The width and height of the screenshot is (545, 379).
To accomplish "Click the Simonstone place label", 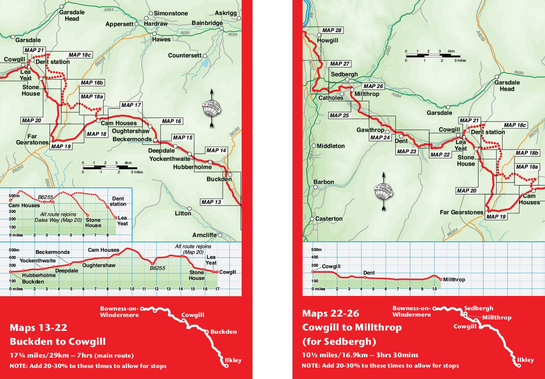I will pos(171,13).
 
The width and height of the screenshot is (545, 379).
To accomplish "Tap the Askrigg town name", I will pos(226,13).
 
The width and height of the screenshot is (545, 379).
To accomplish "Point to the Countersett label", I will pos(185,55).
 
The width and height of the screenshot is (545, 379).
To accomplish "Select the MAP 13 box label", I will pos(211,202).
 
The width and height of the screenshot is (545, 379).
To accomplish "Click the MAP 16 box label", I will pos(171,121).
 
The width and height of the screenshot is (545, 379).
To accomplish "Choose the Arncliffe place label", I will pos(205,235).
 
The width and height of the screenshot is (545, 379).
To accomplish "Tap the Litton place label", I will pos(183,213).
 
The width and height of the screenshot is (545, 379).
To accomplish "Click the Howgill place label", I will pos(327,40).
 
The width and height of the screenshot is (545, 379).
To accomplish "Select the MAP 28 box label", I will pos(332,30).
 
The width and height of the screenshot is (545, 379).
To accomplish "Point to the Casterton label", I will pos(329,219).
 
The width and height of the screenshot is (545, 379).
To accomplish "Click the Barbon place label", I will pos(324,182).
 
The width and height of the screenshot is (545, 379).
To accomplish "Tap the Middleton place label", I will pos(331,146).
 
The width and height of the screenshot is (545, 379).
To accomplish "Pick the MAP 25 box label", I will pos(339,115).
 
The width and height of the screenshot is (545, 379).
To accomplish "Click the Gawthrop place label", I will pos(370,130).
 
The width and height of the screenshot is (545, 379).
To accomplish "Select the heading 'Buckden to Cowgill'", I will pos(58,342).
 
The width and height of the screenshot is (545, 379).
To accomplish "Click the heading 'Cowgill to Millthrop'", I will pos(352,327).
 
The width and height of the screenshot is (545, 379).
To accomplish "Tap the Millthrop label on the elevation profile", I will pos(454,279).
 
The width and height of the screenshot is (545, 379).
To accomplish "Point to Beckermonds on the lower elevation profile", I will pos(53,252).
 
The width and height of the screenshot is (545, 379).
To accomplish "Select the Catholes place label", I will pos(331,98).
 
